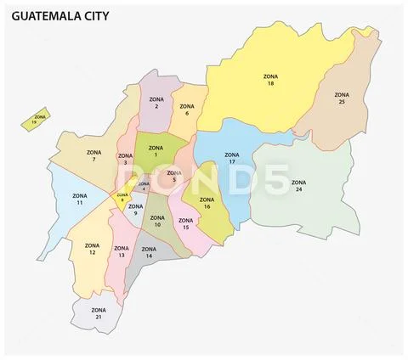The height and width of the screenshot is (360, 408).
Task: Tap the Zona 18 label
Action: pos(270,80)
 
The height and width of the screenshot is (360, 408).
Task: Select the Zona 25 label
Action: pos(342,98)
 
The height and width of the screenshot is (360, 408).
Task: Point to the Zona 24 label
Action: pos(298,186)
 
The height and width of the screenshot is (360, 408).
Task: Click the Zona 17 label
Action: pos(231,159)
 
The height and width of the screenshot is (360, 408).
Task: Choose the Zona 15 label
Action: pos(185,224)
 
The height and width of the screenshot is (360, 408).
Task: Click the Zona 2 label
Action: pos(156,104)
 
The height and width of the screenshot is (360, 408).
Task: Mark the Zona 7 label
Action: pos(94,156)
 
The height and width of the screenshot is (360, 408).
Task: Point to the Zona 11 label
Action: pos(80,200)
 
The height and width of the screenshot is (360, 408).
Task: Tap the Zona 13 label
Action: pos(121,252)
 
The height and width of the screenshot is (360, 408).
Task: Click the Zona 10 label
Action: pos(156,221)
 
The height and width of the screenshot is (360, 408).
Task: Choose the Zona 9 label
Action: pos(135,210)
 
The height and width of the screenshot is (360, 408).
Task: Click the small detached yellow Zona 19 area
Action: pos(36,121)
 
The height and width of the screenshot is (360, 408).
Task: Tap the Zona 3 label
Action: pos(125,160)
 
